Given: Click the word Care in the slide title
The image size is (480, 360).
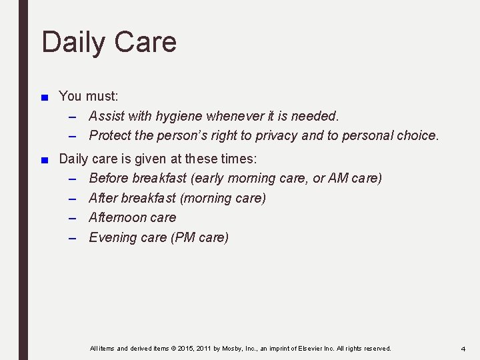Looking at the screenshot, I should (143, 42).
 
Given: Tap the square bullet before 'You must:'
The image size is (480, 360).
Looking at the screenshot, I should (44, 97).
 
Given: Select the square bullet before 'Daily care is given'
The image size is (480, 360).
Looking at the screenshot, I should (44, 160).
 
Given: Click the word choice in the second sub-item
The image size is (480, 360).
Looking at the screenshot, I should (417, 136).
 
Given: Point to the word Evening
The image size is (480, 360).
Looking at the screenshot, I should (112, 238).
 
